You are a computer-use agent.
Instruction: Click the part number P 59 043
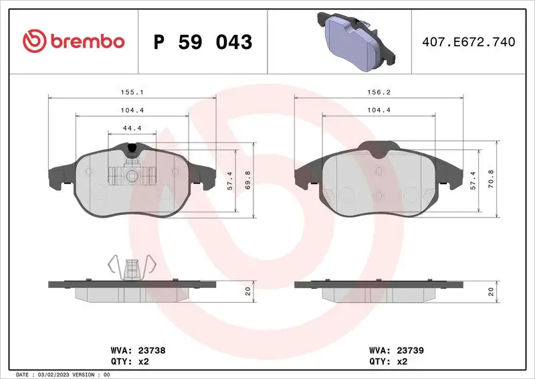coord(203,42)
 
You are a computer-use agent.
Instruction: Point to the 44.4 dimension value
coord(132,127)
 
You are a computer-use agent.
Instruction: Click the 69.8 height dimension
coord(247,181)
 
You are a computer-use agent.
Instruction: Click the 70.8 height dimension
coord(492,181)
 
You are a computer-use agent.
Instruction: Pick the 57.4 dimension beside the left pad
coord(229,181)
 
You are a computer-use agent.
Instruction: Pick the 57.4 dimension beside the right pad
coord(474,181)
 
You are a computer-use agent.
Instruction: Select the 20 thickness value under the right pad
coord(492,291)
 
